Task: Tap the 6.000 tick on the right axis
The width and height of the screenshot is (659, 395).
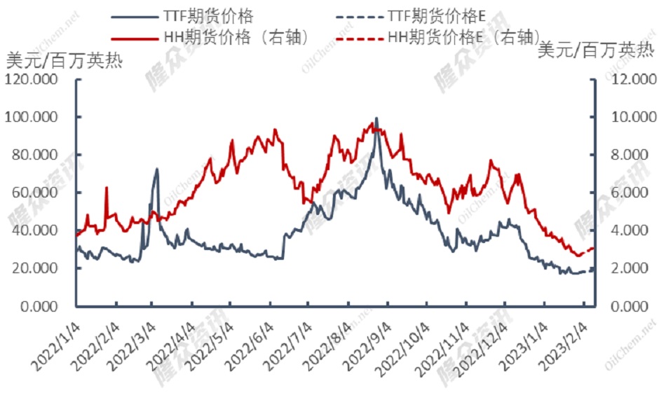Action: point(630,193)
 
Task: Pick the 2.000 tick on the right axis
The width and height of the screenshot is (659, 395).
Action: point(630,269)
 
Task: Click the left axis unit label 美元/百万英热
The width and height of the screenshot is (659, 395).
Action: point(63,60)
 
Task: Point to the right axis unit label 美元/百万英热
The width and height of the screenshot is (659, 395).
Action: point(596,50)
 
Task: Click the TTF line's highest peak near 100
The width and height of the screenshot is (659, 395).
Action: point(376,118)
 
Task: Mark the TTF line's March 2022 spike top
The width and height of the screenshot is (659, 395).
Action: point(156,169)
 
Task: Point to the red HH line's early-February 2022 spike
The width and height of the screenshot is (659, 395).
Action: point(107,188)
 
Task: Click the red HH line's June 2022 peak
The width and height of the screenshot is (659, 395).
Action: point(275,130)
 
